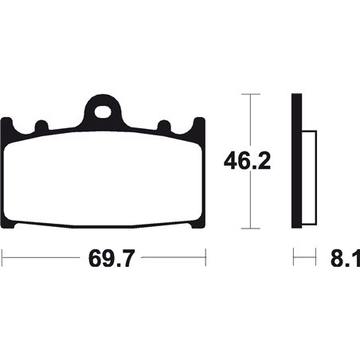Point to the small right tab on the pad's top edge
pyautogui.click(x=164, y=125)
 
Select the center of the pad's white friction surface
pyautogui.click(x=104, y=179)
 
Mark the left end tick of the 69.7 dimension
pyautogui.click(x=2, y=258)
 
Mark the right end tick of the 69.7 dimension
pyautogui.click(x=205, y=258)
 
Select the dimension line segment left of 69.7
pyautogui.click(x=40, y=258)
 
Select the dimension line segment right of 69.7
pyautogui.click(x=171, y=258)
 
